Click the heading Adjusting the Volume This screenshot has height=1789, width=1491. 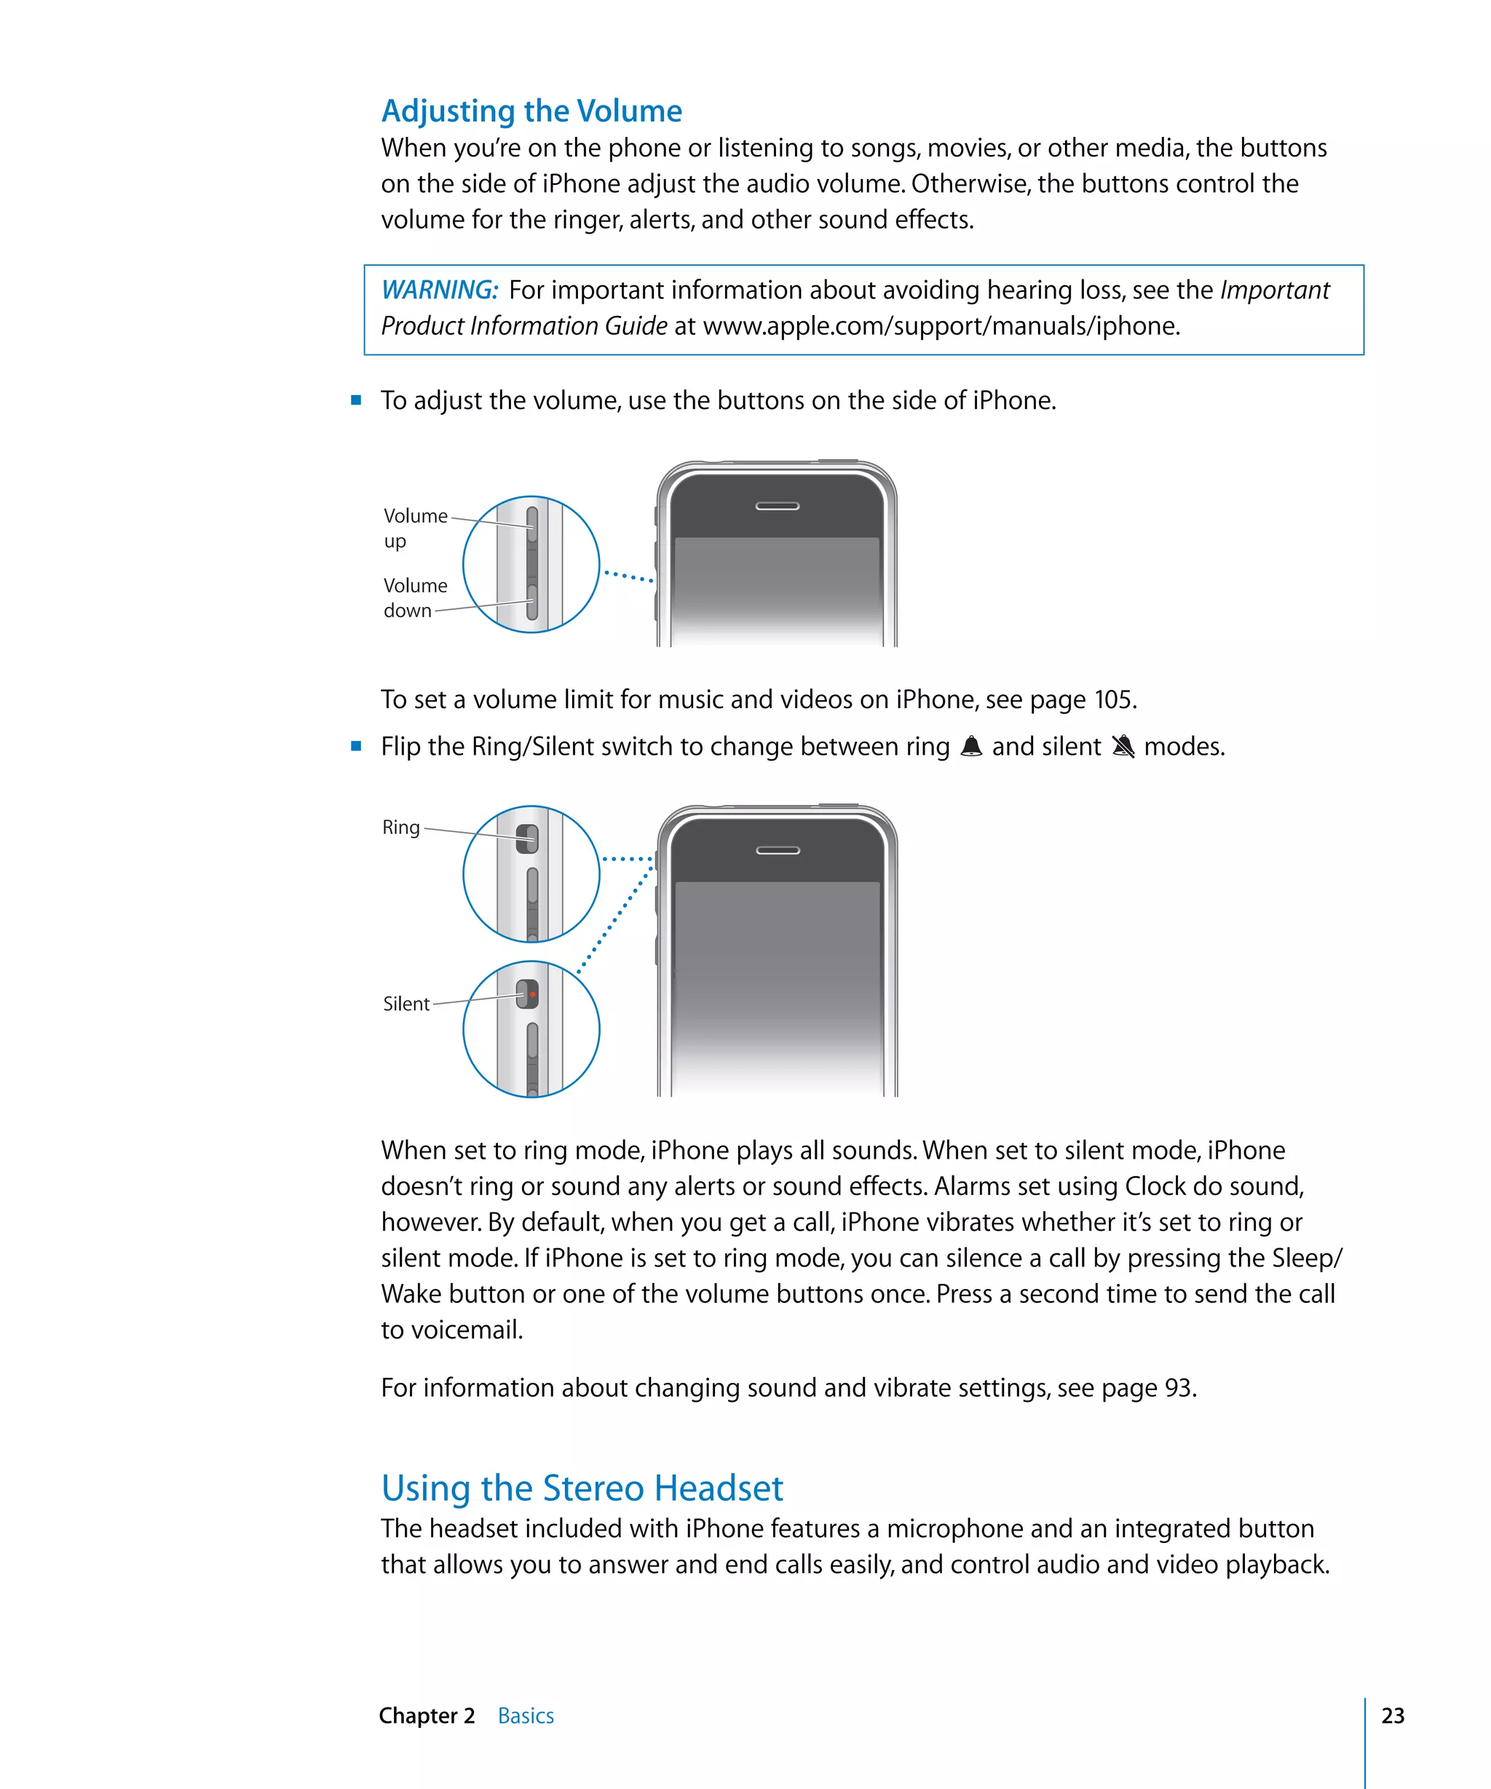(531, 111)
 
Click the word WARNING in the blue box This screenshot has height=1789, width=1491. (439, 290)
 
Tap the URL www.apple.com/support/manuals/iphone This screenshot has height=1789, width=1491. (940, 325)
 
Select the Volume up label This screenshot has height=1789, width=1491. (415, 528)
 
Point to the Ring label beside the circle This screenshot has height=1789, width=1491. (400, 828)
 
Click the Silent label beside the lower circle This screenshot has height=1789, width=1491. (406, 1004)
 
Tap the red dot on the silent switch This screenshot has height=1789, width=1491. (532, 994)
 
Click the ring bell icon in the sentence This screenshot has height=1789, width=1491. (970, 746)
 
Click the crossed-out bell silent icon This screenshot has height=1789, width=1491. (1123, 746)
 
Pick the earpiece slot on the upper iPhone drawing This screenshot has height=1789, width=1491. (777, 506)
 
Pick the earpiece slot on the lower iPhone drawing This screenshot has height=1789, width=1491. (777, 850)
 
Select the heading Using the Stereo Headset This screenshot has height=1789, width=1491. (581, 1488)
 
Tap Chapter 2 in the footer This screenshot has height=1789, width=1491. (427, 1715)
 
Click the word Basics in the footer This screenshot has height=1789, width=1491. (526, 1715)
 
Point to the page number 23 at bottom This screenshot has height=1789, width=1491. (1392, 1715)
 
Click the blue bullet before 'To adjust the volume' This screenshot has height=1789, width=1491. (356, 400)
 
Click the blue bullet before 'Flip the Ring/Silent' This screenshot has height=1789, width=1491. (356, 746)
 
